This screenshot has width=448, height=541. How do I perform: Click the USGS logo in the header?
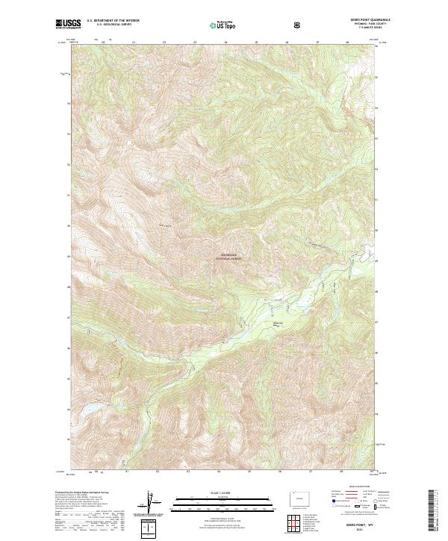[69, 25]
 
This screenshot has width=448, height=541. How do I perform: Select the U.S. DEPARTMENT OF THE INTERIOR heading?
[113, 21]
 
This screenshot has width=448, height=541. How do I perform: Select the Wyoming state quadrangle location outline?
[299, 498]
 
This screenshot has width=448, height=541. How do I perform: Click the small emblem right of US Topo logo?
[298, 25]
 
